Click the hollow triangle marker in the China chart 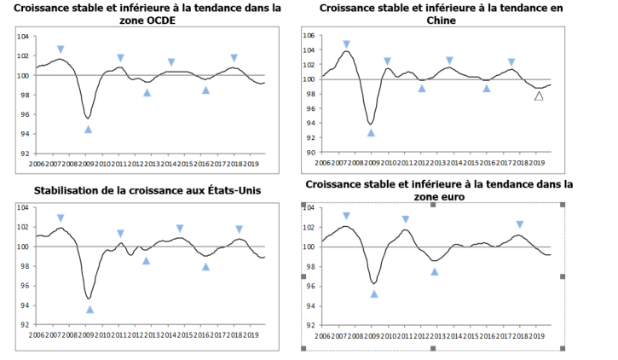pos(538,96)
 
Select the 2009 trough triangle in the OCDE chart pos(88,129)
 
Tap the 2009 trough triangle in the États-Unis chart pos(90,310)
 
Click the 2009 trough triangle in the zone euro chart pos(373,293)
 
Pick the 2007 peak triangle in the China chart pos(346,44)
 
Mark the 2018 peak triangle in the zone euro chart pos(519,224)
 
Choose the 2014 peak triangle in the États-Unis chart pos(179,229)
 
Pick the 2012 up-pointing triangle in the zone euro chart pos(434,271)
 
